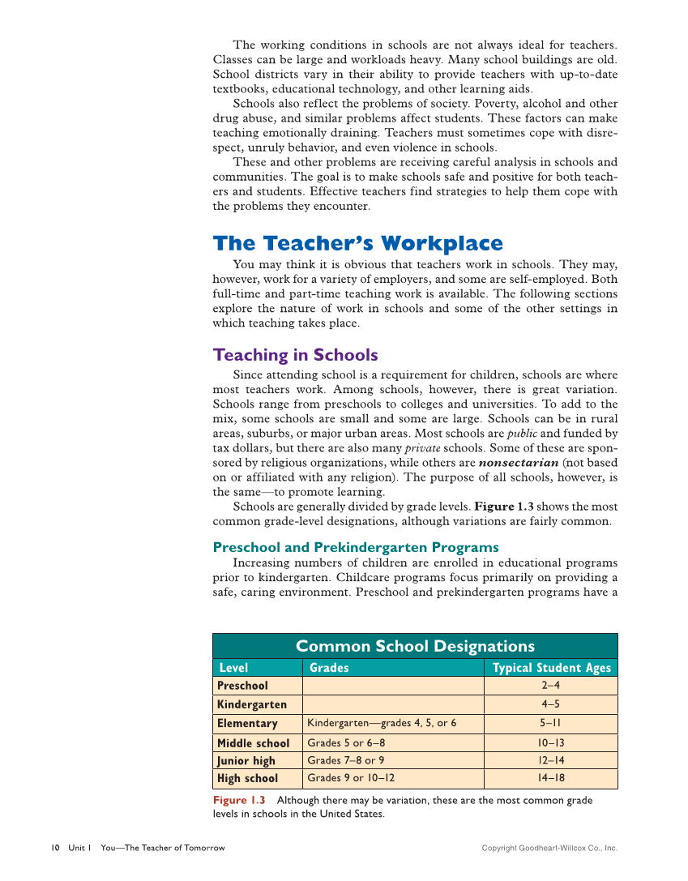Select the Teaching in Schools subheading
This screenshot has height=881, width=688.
click(x=295, y=355)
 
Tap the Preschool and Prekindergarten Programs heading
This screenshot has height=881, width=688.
click(x=356, y=547)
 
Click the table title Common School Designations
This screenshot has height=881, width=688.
click(x=415, y=646)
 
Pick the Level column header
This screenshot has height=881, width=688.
click(x=234, y=668)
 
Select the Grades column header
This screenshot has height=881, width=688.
click(x=330, y=668)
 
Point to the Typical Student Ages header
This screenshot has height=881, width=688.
click(x=551, y=668)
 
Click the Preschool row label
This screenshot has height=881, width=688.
click(x=242, y=686)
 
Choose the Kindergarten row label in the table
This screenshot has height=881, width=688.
click(x=252, y=704)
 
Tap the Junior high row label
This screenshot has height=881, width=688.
click(x=246, y=761)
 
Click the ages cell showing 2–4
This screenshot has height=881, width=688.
click(x=551, y=686)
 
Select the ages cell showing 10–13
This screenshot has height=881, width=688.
click(x=551, y=743)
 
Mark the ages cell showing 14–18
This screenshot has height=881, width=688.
click(x=551, y=779)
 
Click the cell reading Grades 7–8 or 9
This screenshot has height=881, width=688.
click(x=346, y=761)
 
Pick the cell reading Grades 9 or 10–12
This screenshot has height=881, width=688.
click(x=351, y=779)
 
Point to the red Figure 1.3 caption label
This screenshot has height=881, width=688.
click(x=239, y=801)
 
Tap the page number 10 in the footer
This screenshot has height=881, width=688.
click(x=55, y=849)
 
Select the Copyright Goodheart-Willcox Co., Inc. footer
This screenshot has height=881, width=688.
click(x=549, y=849)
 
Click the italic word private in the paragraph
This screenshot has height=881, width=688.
click(x=422, y=448)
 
